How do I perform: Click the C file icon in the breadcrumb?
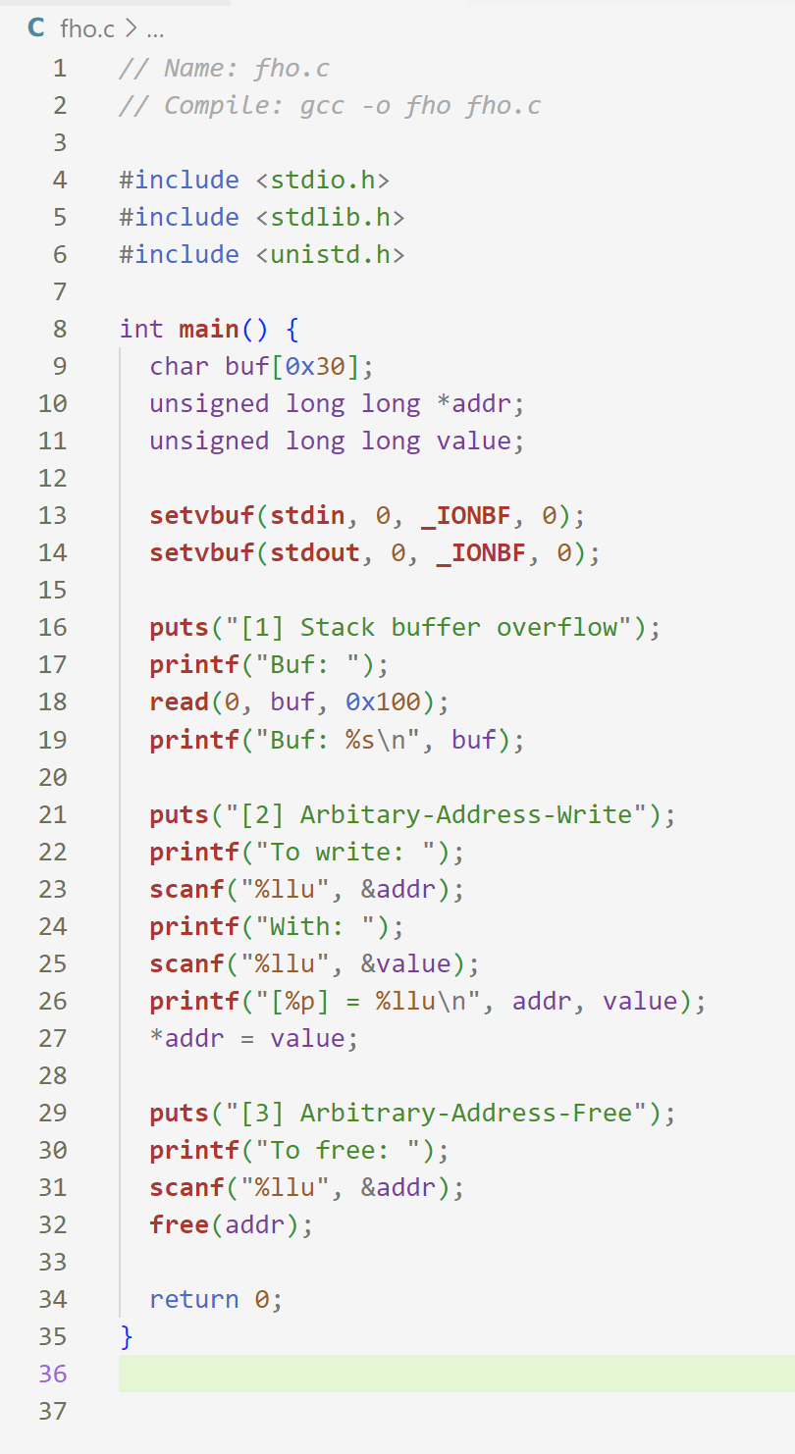36,28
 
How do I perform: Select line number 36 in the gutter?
52,1374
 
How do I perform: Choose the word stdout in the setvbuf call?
315,552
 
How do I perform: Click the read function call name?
179,701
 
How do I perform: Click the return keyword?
193,1299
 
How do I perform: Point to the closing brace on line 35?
126,1336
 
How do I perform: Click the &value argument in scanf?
405,963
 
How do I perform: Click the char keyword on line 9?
179,366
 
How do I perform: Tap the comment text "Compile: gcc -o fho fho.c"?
352,105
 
